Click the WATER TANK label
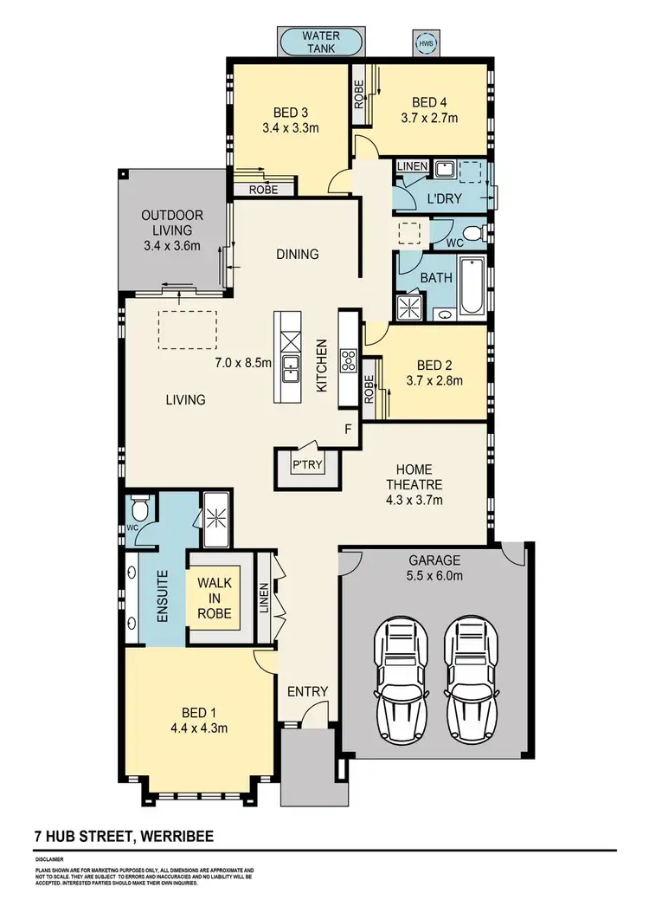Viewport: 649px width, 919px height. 320,42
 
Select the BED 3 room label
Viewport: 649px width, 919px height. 290,112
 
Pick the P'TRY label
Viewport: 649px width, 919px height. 306,466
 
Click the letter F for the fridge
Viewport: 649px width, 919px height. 348,430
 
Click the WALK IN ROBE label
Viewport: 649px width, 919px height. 215,598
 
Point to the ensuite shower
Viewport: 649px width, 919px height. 214,516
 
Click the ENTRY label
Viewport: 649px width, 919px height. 307,690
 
